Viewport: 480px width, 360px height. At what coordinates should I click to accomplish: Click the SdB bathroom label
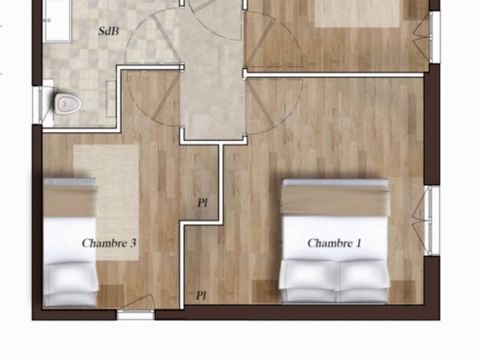point(108,31)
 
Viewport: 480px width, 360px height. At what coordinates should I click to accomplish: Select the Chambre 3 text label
point(109,242)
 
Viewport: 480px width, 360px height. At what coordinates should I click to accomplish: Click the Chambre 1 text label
point(334,243)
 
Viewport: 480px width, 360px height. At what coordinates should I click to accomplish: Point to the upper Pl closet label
point(202,203)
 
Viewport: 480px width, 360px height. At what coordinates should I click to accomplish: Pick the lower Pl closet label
point(201,295)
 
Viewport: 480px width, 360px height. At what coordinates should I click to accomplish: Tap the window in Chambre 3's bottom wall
point(136,314)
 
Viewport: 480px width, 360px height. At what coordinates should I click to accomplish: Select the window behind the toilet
point(37,103)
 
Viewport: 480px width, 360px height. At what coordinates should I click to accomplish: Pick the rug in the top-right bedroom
point(360,12)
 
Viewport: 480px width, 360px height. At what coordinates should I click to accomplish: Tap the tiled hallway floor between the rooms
point(212,90)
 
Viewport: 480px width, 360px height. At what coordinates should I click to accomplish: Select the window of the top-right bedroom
point(434,35)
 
